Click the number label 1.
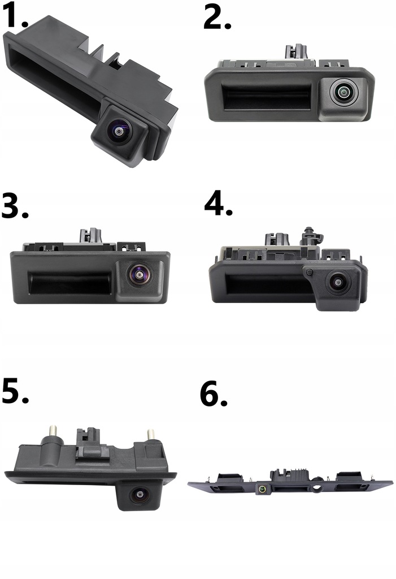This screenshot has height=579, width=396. pyautogui.click(x=14, y=17)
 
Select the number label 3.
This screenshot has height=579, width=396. pyautogui.click(x=15, y=208)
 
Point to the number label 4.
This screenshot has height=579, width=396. pyautogui.click(x=218, y=204)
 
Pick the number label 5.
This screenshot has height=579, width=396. pyautogui.click(x=15, y=392)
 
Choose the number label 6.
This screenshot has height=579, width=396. pyautogui.click(x=214, y=395)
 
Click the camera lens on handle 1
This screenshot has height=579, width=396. pyautogui.click(x=119, y=131)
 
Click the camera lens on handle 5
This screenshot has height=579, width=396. pyautogui.click(x=137, y=495)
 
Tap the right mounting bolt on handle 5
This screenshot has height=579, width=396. pyautogui.click(x=151, y=435)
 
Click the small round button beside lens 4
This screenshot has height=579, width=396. pyautogui.click(x=308, y=273)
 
